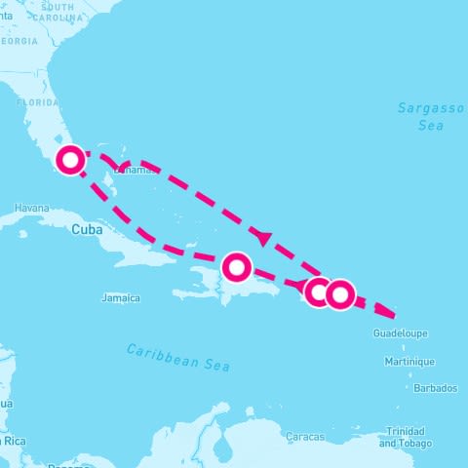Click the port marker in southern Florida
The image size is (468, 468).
click(70, 160)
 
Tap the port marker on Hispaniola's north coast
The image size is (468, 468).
click(237, 265)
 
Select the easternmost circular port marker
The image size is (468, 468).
click(338, 292)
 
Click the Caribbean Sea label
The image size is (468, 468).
click(178, 356)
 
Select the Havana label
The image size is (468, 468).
click(32, 208)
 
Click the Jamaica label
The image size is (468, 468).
click(121, 298)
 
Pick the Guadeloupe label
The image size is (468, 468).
click(400, 334)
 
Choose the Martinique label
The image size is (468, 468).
click(409, 362)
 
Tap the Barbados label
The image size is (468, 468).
click(435, 388)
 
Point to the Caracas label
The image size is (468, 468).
click(305, 437)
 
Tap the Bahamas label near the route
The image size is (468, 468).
click(137, 171)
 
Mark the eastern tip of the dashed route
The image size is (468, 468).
click(395, 316)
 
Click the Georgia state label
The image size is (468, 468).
click(19, 42)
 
